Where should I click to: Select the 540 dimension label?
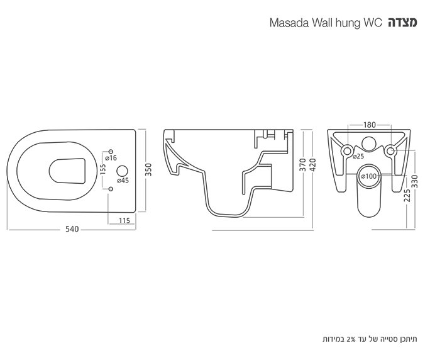pyautogui.click(x=74, y=230)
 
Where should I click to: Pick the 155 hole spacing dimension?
pyautogui.click(x=102, y=170)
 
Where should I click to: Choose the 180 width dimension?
pyautogui.click(x=368, y=125)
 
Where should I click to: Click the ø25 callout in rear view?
pyautogui.click(x=358, y=156)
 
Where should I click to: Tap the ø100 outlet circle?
pyautogui.click(x=369, y=177)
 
